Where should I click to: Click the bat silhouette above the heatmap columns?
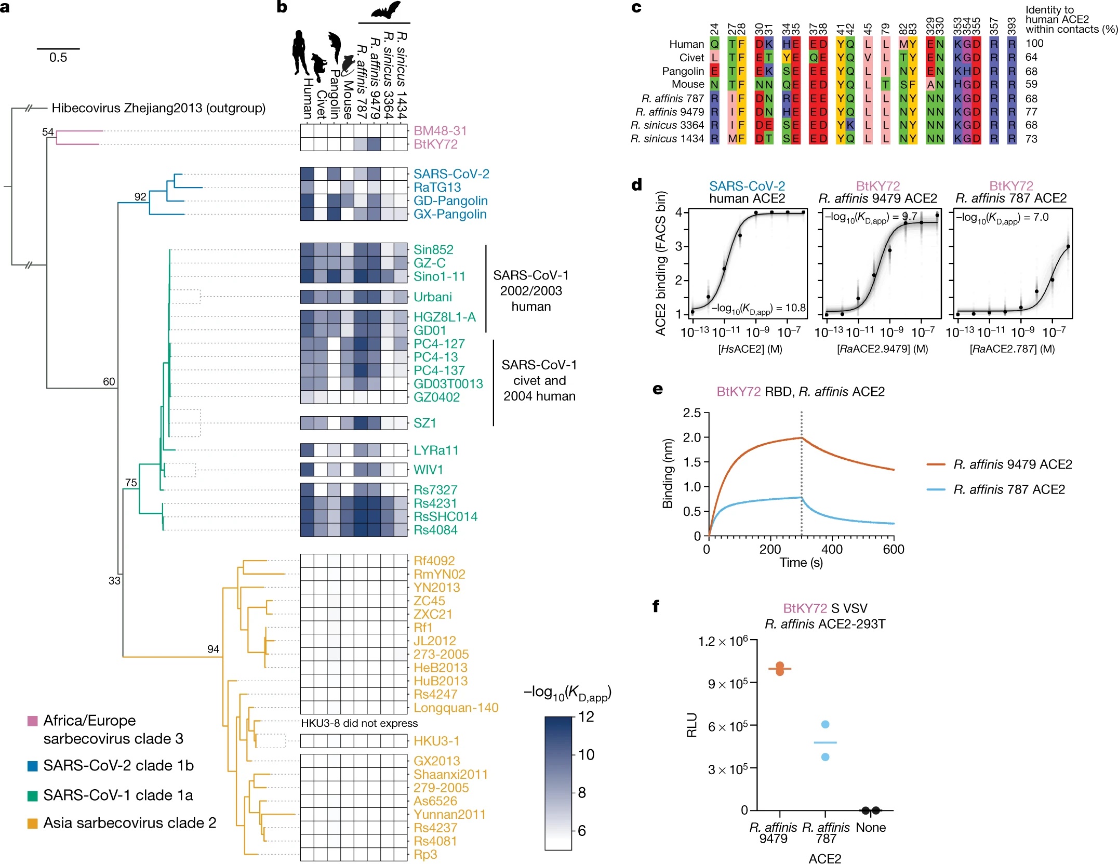[385, 10]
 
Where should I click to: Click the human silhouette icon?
[300, 52]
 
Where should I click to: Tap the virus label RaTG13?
[437, 188]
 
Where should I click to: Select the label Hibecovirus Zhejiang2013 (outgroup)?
[158, 108]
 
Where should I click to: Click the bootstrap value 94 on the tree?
[213, 649]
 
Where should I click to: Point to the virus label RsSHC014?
[445, 516]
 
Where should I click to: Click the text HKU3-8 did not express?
[359, 723]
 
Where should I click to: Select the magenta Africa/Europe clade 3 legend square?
[32, 721]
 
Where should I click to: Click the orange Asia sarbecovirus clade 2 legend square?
[32, 823]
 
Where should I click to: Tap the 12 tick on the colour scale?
[586, 717]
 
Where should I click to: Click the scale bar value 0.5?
[58, 58]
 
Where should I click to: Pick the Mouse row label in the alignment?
[688, 84]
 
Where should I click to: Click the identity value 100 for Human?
[1034, 44]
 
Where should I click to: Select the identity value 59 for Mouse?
[1031, 84]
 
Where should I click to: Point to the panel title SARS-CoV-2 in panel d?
[747, 186]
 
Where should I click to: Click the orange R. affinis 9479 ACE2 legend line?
[936, 464]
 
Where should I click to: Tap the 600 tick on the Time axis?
[894, 550]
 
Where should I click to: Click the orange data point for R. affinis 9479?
[779, 669]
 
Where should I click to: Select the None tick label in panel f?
[870, 828]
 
